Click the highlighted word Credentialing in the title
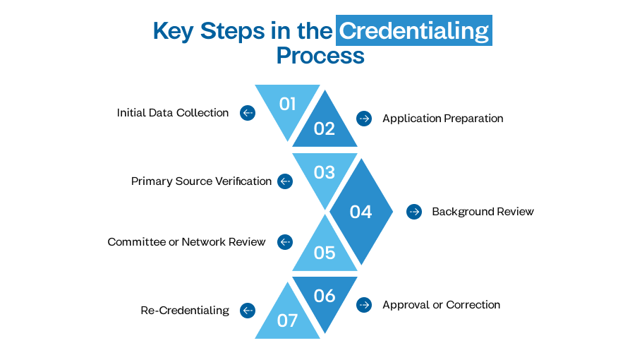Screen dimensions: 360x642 tap(413, 31)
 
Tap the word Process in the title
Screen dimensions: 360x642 tap(320, 55)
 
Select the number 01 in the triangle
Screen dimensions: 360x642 tap(287, 104)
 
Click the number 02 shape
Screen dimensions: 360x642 tap(325, 128)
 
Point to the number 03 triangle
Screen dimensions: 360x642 tap(325, 172)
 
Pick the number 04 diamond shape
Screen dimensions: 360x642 tap(361, 211)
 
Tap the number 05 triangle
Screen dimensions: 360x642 tap(325, 252)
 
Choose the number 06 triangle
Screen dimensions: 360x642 tap(325, 296)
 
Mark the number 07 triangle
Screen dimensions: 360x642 tap(287, 320)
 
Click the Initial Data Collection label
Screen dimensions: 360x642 tap(173, 113)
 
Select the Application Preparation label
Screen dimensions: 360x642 tap(442, 119)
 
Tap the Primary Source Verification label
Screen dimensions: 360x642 tap(201, 181)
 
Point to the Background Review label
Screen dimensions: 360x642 tap(483, 211)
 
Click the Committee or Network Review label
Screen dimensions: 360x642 tap(186, 242)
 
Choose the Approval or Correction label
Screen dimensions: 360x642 tap(441, 305)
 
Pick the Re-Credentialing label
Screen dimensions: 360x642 tap(185, 310)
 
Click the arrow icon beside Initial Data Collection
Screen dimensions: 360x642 tap(247, 113)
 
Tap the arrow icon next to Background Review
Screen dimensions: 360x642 tap(414, 211)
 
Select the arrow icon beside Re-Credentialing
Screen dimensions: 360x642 tap(247, 310)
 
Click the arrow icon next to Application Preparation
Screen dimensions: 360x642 tap(364, 119)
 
